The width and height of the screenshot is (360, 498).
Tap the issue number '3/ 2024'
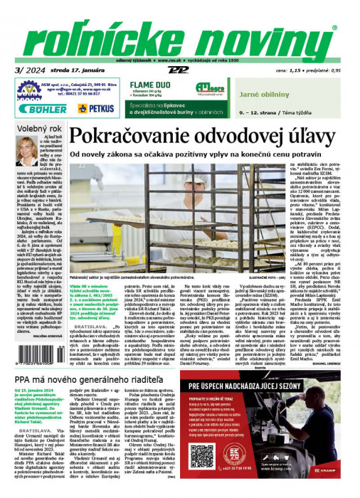[28, 72]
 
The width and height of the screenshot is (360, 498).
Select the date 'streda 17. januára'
[74, 72]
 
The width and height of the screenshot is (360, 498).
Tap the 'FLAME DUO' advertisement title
[148, 85]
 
